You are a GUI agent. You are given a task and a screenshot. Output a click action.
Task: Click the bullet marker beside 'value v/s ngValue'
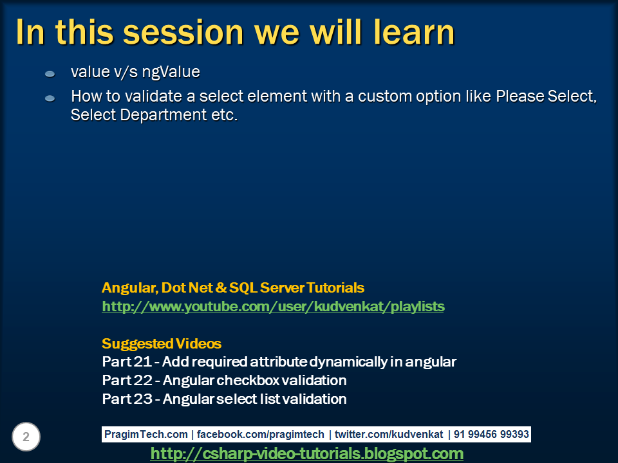point(50,74)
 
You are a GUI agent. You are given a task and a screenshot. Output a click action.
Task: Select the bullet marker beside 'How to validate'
point(50,98)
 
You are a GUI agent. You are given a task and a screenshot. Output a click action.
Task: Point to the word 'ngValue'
point(173,72)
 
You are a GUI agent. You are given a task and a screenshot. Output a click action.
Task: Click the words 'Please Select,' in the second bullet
point(547,97)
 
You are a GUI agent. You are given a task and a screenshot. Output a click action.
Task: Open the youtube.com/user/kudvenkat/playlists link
point(273,307)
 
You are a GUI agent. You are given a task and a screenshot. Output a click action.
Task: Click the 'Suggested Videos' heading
point(162,343)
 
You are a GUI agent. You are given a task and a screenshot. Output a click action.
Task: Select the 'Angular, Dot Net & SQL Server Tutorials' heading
point(233,287)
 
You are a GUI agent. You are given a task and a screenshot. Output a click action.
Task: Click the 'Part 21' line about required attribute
point(279,362)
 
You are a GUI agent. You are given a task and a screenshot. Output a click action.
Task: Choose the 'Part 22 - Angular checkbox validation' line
point(224,381)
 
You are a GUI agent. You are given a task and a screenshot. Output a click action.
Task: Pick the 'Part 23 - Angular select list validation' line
point(224,399)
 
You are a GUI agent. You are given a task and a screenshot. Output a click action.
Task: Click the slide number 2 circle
point(26,437)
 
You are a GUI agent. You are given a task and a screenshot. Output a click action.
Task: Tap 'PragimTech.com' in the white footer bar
point(145,435)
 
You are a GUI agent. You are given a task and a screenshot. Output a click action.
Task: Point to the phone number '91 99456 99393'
point(491,435)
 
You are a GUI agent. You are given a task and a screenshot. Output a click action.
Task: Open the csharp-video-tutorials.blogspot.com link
point(306,454)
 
